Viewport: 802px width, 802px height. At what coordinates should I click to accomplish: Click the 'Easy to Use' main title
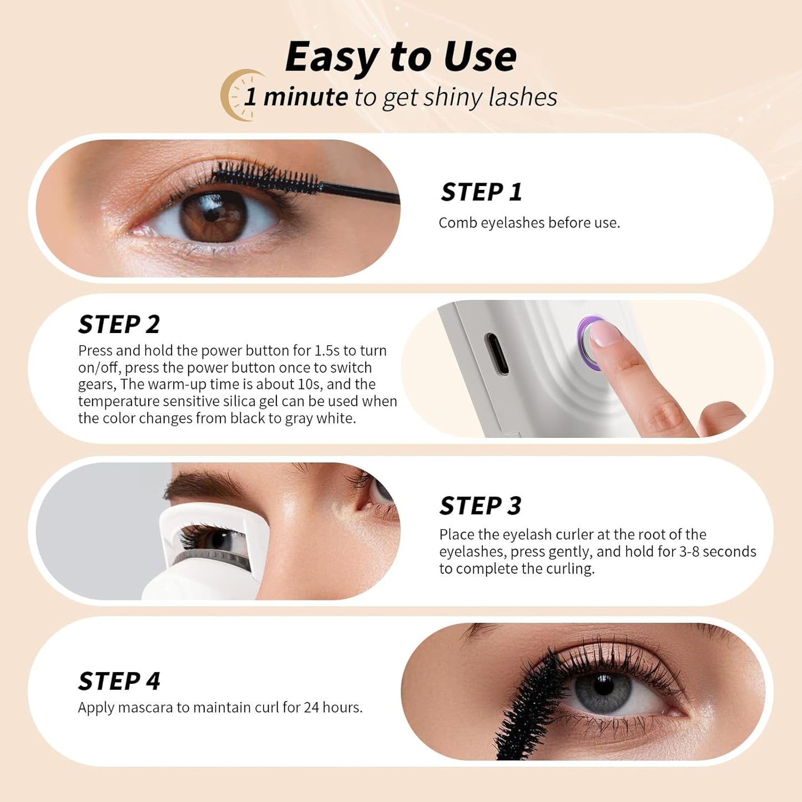(400, 57)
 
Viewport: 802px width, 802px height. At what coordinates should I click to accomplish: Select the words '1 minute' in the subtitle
(295, 97)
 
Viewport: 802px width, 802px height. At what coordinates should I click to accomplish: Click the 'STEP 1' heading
(481, 192)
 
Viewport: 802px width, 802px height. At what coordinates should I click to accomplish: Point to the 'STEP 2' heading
(119, 324)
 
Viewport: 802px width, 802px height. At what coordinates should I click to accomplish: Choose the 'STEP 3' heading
(480, 506)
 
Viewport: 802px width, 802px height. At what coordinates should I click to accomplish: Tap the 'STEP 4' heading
(119, 681)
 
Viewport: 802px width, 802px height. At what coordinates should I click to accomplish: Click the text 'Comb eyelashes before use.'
(529, 223)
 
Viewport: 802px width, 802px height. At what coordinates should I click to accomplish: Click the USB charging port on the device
(496, 354)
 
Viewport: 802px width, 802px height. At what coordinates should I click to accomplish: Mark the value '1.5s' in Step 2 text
(327, 350)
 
